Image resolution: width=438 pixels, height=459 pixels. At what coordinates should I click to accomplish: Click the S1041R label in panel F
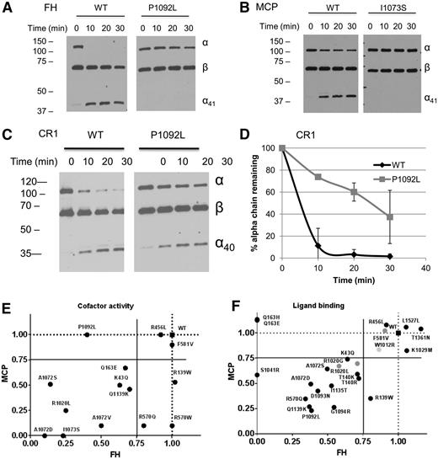point(270,370)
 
